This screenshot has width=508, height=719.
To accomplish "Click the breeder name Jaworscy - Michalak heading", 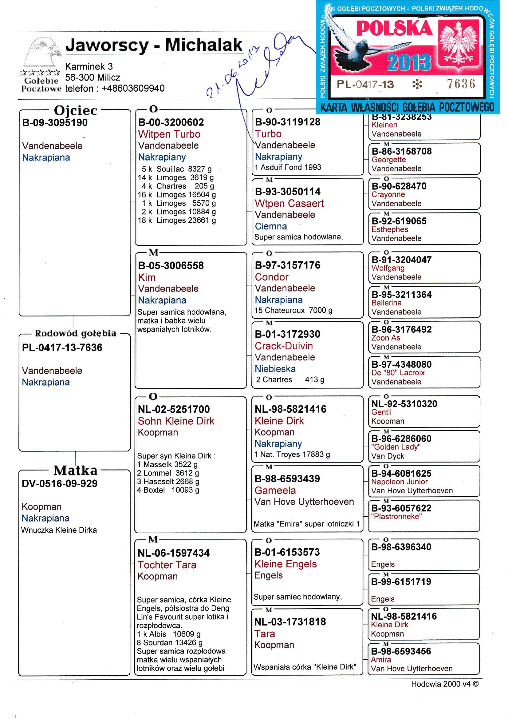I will [x=154, y=45].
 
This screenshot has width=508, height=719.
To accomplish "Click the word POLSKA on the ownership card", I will [x=394, y=29].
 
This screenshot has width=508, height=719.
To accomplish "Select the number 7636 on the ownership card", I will [x=461, y=84].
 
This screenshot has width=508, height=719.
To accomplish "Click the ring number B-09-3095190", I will [x=55, y=122].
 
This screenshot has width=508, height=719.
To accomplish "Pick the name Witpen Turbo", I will [x=169, y=134].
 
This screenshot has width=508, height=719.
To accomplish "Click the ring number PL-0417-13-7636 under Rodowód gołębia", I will [x=62, y=348].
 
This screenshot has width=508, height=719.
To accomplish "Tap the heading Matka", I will [x=75, y=471].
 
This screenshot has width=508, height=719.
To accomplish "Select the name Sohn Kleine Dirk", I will [x=176, y=421].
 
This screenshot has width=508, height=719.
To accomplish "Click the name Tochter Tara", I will [x=167, y=565].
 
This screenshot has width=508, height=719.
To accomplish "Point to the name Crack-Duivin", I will [x=284, y=346].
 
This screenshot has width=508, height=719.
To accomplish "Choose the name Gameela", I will [x=275, y=490].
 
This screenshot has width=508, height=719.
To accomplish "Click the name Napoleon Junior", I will [x=399, y=482].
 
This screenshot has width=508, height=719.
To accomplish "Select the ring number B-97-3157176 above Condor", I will [x=287, y=265].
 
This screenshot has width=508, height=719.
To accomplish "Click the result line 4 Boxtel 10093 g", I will [x=168, y=490].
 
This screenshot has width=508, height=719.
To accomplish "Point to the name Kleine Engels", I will [x=286, y=564].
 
